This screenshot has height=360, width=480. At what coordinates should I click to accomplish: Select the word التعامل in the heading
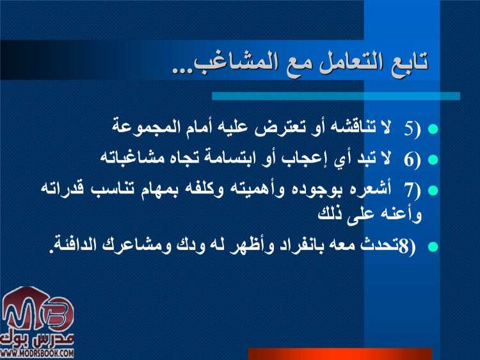click(342, 63)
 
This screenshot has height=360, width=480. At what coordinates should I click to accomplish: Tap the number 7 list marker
click(408, 190)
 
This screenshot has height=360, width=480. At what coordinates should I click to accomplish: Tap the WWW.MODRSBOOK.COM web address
click(37, 354)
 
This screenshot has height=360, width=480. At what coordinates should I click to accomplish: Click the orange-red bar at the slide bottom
click(339, 354)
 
